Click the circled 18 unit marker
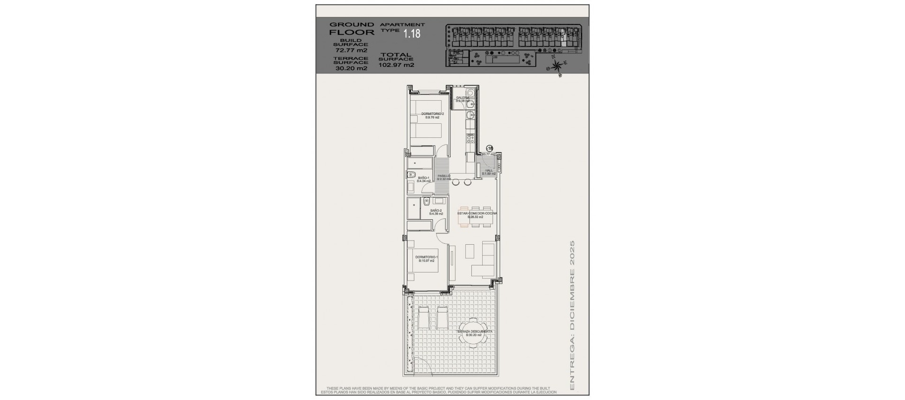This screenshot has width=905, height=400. point(489,148)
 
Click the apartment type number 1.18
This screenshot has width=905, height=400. point(411,33)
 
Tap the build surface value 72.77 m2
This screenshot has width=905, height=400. point(351,50)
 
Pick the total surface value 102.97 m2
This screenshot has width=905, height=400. point(396,65)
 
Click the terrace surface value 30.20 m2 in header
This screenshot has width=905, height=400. point(351,68)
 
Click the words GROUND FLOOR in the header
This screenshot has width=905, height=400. point(352,28)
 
